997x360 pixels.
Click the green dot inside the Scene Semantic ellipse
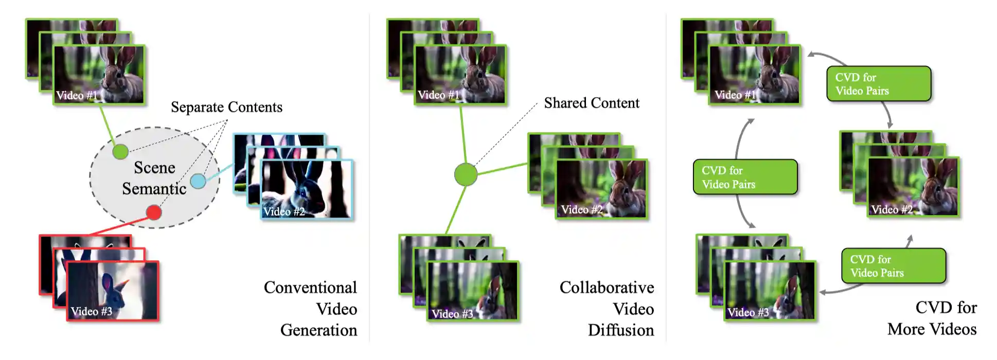(x=120, y=152)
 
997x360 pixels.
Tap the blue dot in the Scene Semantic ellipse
(x=198, y=181)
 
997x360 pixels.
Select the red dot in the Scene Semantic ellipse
(x=153, y=212)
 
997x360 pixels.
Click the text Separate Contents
(x=226, y=107)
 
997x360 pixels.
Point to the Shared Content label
(x=591, y=103)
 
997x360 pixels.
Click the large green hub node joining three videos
(x=466, y=174)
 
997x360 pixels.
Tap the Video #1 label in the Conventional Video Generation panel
(x=77, y=95)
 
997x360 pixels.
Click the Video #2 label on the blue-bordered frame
(x=284, y=211)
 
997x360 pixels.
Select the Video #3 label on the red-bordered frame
(x=92, y=311)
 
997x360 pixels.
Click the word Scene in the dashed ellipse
(x=154, y=168)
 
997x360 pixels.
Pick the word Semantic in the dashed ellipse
(x=154, y=189)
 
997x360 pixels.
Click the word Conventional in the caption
(x=310, y=287)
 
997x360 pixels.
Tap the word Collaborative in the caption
(x=607, y=287)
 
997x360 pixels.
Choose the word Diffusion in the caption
(x=621, y=330)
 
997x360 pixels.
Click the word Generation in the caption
(x=318, y=330)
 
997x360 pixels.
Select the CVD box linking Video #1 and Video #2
(x=879, y=83)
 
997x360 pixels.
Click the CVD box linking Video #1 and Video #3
(x=745, y=177)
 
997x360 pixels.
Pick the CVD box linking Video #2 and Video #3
(x=894, y=266)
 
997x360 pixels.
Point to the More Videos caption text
(x=932, y=329)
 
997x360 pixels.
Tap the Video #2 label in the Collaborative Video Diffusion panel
(x=582, y=209)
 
